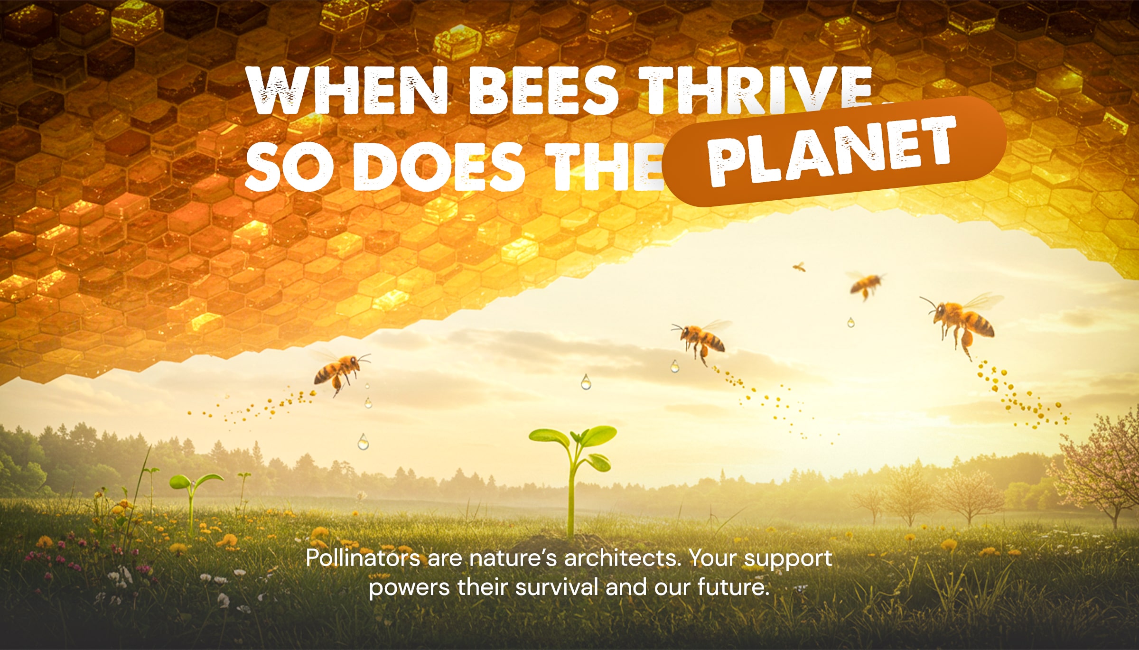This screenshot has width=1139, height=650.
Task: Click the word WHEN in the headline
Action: [x=347, y=90]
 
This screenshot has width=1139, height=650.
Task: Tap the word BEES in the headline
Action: [x=543, y=90]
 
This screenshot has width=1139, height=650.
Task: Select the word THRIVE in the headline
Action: [x=755, y=90]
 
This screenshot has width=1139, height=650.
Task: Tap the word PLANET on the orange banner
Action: [x=831, y=150]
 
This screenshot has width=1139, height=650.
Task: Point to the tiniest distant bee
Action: [x=800, y=267]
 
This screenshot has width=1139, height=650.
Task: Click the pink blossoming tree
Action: [x=1101, y=470]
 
